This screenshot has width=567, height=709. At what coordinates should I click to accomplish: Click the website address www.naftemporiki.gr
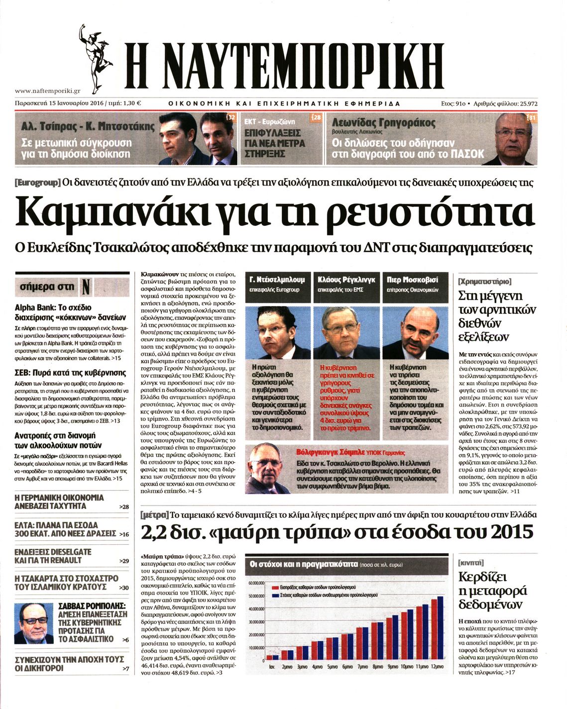tap(47, 91)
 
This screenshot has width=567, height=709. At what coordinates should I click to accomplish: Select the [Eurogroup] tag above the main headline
tap(38, 183)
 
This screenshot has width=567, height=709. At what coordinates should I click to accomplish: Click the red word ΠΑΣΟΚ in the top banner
tap(467, 154)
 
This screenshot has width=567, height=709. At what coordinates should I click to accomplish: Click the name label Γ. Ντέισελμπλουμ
tap(276, 280)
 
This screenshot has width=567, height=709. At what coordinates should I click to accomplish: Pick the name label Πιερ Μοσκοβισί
tap(412, 280)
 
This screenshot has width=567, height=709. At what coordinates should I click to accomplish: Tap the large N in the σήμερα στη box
tap(86, 287)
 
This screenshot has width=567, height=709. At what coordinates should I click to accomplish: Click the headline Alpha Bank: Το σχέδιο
tap(53, 307)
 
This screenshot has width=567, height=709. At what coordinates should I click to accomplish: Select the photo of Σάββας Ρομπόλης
tap(33, 623)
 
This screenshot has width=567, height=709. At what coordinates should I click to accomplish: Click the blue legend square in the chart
tap(275, 595)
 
